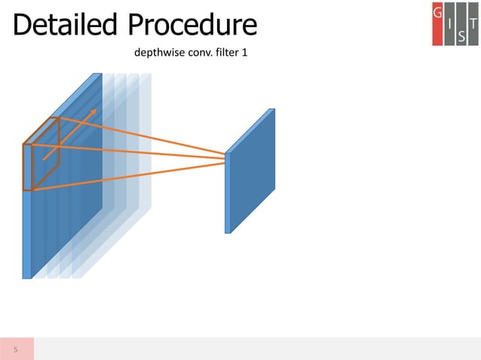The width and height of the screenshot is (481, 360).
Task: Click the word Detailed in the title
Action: coord(65,26)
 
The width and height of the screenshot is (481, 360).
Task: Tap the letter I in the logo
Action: coord(450,24)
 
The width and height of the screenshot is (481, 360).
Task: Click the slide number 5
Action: coord(16,349)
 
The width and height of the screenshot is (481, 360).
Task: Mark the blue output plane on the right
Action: coord(251,172)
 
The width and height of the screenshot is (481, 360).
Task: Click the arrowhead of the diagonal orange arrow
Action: coord(94,111)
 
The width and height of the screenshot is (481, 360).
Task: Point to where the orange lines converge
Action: coord(226,157)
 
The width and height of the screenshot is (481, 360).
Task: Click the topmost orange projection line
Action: coord(143,136)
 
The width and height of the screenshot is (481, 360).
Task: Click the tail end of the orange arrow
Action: coord(44,158)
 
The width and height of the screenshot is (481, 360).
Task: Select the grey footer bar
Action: coord(256,349)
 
